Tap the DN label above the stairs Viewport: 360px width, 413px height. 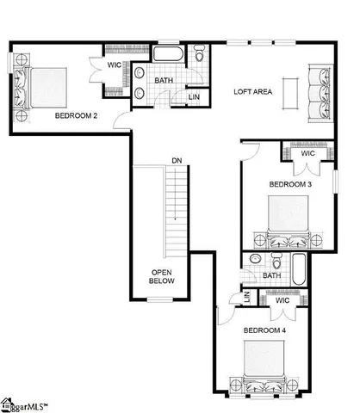pyautogui.click(x=176, y=161)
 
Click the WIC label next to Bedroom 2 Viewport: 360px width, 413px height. pyautogui.click(x=114, y=65)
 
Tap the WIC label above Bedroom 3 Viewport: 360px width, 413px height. pyautogui.click(x=307, y=154)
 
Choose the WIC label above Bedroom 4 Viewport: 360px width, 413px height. pyautogui.click(x=282, y=301)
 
